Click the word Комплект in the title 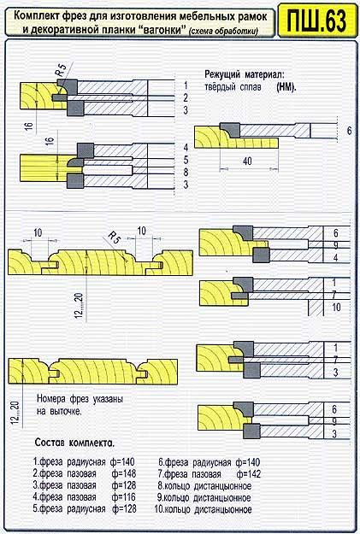(37, 16)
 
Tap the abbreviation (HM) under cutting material (286, 87)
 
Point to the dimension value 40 (247, 161)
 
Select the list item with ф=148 (84, 473)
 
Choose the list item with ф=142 (210, 473)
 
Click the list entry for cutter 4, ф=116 (84, 497)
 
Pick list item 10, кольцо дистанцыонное (204, 509)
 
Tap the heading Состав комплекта (74, 443)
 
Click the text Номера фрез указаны (80, 399)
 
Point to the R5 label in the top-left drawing (61, 69)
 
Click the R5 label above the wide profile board (115, 238)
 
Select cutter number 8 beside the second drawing (186, 173)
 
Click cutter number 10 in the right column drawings (336, 308)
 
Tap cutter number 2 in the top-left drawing (186, 98)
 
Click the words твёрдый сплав (233, 87)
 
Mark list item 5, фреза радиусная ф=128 (85, 509)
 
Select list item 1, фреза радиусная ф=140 (84, 462)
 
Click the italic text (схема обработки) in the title (224, 32)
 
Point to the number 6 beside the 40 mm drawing (349, 131)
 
